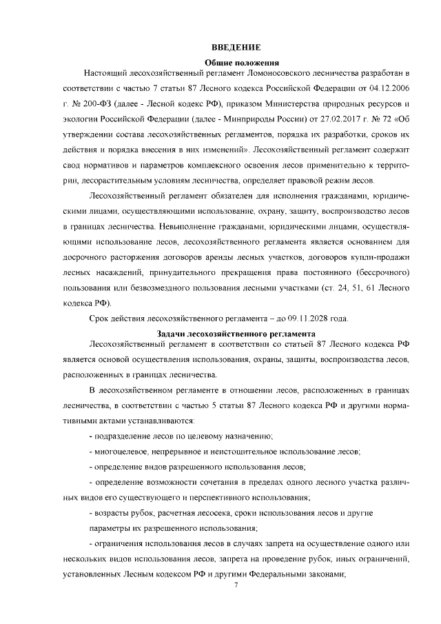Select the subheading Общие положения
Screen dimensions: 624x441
click(x=236, y=62)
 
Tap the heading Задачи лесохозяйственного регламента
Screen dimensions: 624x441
click(x=236, y=333)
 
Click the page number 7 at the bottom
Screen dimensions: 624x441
click(x=236, y=585)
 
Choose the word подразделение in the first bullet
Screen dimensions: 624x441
click(x=126, y=437)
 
